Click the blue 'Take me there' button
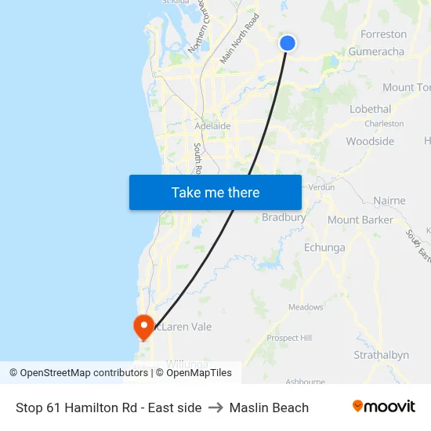coord(215,192)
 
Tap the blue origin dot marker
coord(288,43)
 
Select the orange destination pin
coord(144,325)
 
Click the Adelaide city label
coord(212,125)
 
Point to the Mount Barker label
coord(360,220)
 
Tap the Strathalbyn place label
coord(381,355)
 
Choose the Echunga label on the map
coord(324,248)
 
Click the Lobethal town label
coord(370,110)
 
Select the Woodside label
coord(370,142)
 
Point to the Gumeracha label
coord(376,52)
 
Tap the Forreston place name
coord(383,34)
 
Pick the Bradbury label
coord(284,217)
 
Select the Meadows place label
coord(306,307)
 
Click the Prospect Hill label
coord(289,338)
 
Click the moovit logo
coord(383,407)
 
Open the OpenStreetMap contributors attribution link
coord(79,373)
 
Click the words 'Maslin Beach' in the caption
coord(269,407)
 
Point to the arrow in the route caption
coord(215,407)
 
